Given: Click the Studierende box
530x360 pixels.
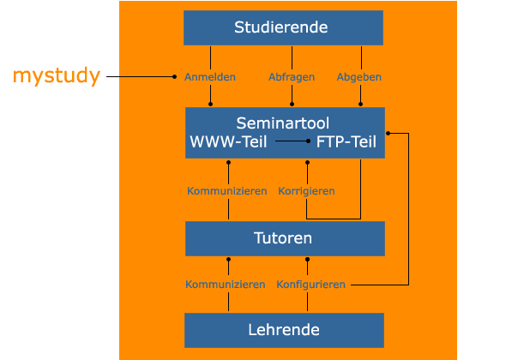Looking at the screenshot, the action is [283, 27].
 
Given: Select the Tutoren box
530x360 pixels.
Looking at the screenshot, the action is [285, 238].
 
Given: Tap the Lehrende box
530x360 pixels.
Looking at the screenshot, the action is [284, 330].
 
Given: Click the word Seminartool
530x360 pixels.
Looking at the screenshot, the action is [282, 123].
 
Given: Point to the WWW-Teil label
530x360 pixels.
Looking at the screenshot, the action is [228, 141].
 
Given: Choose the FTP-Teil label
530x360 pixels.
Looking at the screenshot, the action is [346, 141].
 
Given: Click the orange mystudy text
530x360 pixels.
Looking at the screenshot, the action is [57, 75].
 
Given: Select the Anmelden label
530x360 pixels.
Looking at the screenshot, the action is [210, 77].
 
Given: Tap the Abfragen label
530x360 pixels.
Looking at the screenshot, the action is [292, 77].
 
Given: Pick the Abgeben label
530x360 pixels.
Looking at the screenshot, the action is [359, 77].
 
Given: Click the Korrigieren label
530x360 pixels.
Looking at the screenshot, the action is [306, 191].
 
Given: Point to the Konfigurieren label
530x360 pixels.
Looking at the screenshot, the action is [311, 285].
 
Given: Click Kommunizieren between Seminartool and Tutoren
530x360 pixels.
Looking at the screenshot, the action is [227, 191].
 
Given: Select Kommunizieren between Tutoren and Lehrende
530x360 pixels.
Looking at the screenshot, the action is [225, 285].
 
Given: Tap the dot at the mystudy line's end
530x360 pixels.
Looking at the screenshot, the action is [174, 76].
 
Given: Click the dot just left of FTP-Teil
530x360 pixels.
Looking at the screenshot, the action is [308, 141].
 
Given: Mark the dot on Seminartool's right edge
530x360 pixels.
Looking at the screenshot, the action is [388, 134].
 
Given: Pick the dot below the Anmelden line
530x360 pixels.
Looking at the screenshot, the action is [210, 104].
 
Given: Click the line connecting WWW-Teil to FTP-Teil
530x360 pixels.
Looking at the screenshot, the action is [292, 141].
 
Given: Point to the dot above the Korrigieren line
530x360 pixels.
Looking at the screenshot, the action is [307, 163].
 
